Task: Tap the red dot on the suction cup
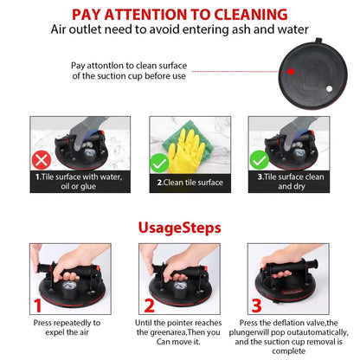[291, 71]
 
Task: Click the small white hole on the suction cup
[329, 89]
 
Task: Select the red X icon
[42, 160]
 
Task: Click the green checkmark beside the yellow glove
[159, 163]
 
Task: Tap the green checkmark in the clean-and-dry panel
[259, 160]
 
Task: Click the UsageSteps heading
[180, 228]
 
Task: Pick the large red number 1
[38, 305]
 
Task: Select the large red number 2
[149, 305]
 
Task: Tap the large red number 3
[256, 305]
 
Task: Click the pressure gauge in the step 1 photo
[69, 287]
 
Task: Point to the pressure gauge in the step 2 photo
[179, 286]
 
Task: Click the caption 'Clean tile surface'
[190, 183]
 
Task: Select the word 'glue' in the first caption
[88, 187]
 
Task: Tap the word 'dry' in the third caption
[299, 187]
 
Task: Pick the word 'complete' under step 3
[288, 351]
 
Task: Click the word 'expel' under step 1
[54, 332]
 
